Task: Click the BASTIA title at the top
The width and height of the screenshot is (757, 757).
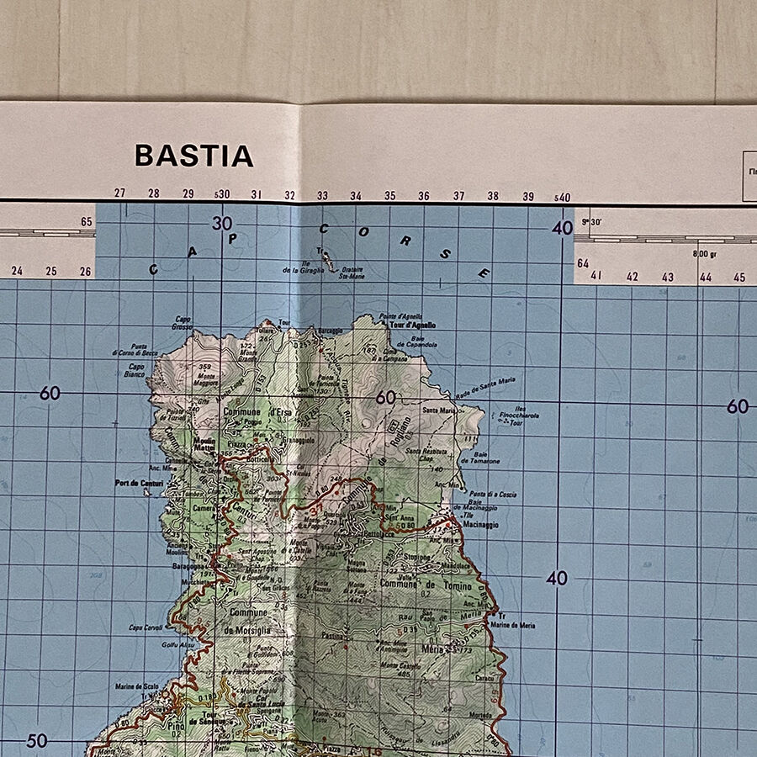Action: coord(193,156)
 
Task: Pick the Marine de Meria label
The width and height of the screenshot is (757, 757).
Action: coord(512,625)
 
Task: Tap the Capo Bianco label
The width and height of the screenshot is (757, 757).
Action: coord(135,372)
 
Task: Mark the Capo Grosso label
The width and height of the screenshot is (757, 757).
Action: coord(183,322)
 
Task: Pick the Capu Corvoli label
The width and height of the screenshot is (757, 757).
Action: coord(146,627)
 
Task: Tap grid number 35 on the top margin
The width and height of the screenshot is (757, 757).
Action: coord(390,196)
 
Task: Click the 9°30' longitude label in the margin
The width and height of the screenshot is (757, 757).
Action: coord(591,222)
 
